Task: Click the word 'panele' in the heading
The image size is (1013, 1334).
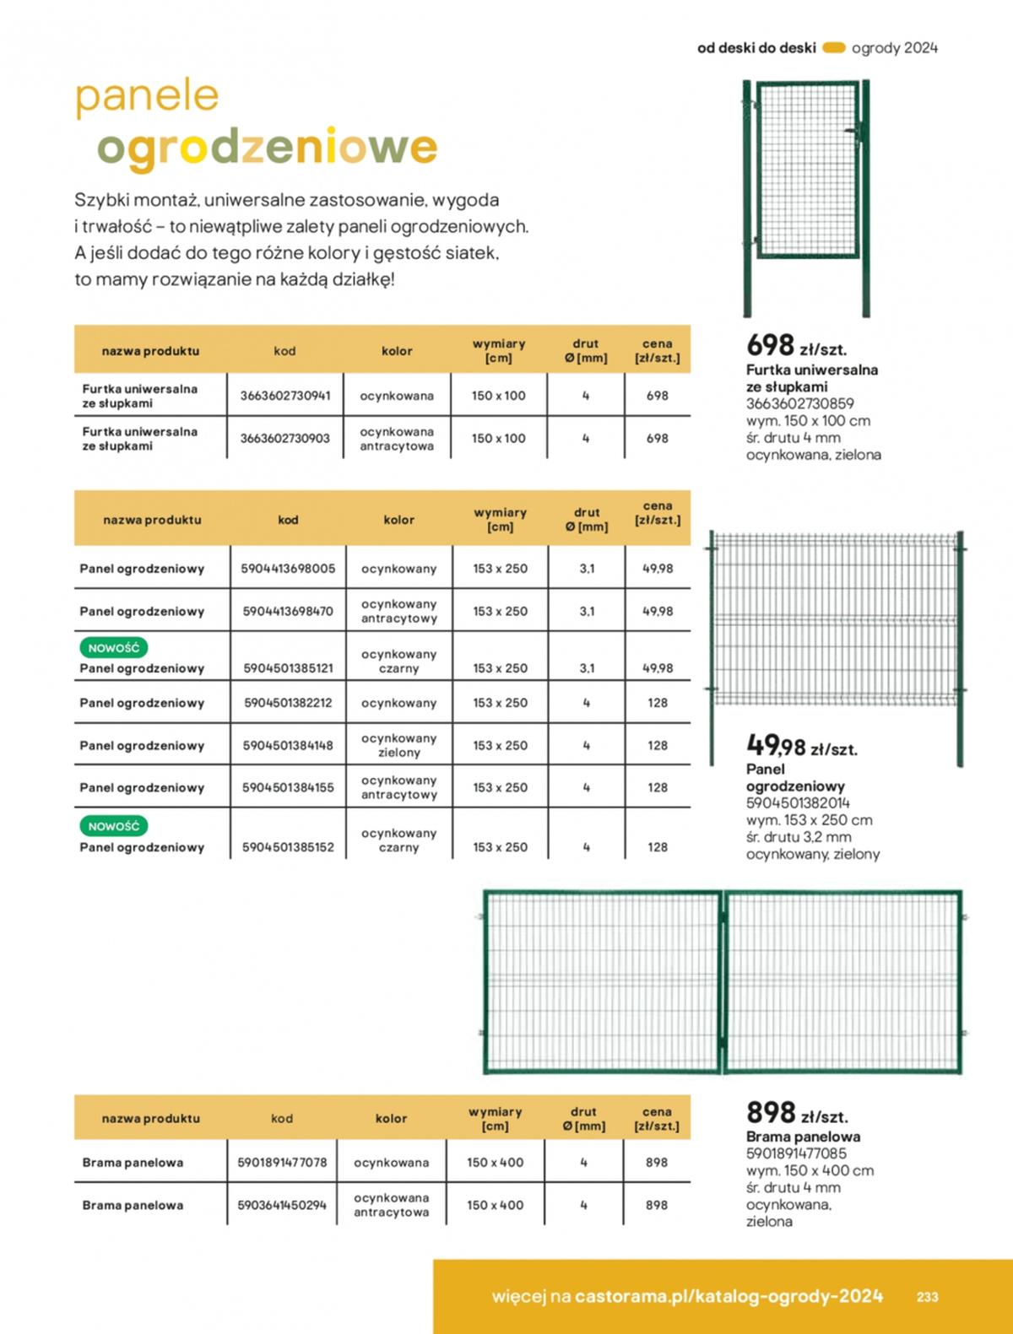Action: (147, 96)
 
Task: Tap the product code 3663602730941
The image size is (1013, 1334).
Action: (284, 396)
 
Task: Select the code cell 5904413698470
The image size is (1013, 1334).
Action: (288, 611)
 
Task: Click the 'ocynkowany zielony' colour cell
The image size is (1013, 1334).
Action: (398, 745)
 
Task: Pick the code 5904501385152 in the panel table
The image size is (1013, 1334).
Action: (288, 847)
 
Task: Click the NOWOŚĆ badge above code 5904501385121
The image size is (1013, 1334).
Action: (114, 648)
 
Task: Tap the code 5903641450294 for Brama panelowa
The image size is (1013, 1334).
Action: (282, 1205)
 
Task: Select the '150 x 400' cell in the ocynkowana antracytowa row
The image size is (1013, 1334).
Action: (495, 1205)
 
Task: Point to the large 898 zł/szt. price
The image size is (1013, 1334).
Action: (796, 1113)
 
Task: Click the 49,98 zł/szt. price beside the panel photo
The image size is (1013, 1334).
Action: (800, 746)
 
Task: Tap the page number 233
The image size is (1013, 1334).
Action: (927, 1297)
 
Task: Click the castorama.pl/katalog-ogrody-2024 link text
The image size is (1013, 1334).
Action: (729, 1296)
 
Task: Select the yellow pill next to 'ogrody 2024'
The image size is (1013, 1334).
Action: (833, 48)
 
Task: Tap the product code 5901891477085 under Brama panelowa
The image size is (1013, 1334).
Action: (796, 1153)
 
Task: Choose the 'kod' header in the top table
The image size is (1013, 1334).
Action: (284, 351)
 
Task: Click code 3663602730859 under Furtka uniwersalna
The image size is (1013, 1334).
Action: (799, 403)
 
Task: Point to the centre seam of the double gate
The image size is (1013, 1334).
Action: (723, 981)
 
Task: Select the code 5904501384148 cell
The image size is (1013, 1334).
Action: (288, 746)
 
